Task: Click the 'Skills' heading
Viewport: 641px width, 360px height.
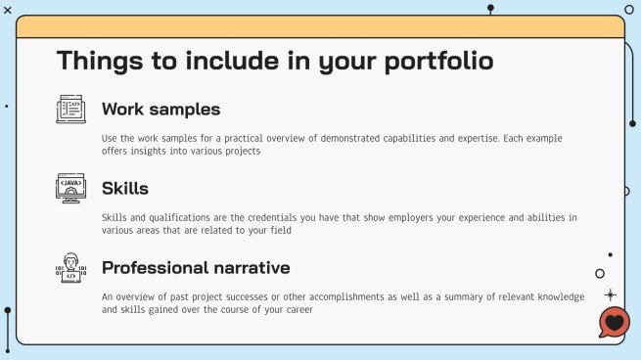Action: point(125,188)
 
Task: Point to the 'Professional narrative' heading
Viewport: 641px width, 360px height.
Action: point(196,267)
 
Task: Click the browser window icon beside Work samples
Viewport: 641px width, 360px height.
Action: point(70,109)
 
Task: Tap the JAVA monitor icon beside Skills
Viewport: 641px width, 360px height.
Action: point(70,188)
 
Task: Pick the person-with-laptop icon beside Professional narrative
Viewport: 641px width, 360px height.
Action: point(70,268)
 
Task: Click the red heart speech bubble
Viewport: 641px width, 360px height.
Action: point(614,323)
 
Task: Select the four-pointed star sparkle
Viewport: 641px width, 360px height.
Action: point(611,293)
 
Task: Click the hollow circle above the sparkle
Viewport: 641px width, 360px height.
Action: point(600,274)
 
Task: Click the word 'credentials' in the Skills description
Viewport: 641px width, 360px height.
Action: point(249,217)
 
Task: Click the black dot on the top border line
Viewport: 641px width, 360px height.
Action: point(490,8)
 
